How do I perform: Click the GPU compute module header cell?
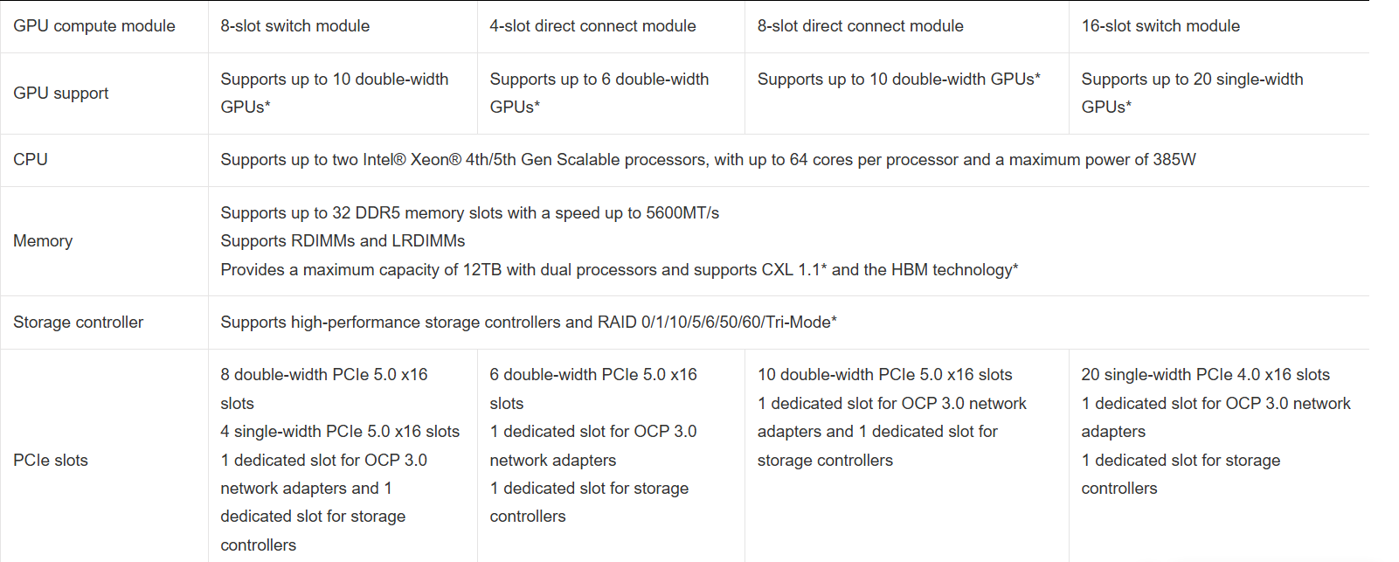pos(94,26)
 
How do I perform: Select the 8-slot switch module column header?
pos(294,26)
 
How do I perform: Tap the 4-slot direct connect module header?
pos(592,26)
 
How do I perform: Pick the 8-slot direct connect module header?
pos(860,26)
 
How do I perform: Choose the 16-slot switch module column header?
pos(1160,26)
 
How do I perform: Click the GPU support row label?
pos(61,94)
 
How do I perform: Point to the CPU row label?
pos(31,160)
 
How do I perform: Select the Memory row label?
pos(43,241)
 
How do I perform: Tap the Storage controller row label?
pos(78,323)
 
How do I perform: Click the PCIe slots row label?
pos(51,461)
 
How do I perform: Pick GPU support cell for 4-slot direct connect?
pos(599,93)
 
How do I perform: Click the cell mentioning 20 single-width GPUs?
pos(1191,93)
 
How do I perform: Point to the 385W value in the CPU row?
pos(1174,160)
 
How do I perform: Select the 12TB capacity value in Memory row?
pos(482,270)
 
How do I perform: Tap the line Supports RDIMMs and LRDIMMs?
pos(343,241)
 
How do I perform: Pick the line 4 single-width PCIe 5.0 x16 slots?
pos(340,432)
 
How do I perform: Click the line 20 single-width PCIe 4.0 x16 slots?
pos(1205,375)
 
